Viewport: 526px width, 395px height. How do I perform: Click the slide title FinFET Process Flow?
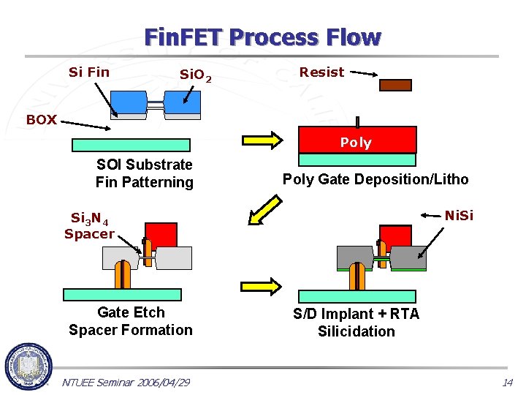pos(262,37)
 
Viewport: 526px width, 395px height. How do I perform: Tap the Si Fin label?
pos(88,72)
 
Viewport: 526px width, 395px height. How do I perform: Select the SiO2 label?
pos(196,75)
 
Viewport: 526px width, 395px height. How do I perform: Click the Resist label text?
pos(321,72)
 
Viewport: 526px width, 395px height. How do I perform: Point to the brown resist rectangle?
pos(395,84)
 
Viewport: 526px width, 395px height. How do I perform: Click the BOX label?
pos(41,120)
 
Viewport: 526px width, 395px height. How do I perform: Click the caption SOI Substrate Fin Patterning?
pos(144,173)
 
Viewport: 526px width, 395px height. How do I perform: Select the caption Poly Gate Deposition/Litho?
pos(376,179)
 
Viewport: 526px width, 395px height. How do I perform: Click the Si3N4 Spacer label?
pos(89,226)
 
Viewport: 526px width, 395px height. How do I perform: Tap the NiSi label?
pos(460,215)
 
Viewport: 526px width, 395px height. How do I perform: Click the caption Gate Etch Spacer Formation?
pos(131,321)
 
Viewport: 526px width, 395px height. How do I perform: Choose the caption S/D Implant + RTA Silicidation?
pos(357,323)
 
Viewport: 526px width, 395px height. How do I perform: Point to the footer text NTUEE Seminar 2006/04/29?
pos(126,383)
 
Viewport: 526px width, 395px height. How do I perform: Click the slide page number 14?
pos(507,383)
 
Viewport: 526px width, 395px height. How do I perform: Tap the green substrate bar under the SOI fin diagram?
pos(131,145)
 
